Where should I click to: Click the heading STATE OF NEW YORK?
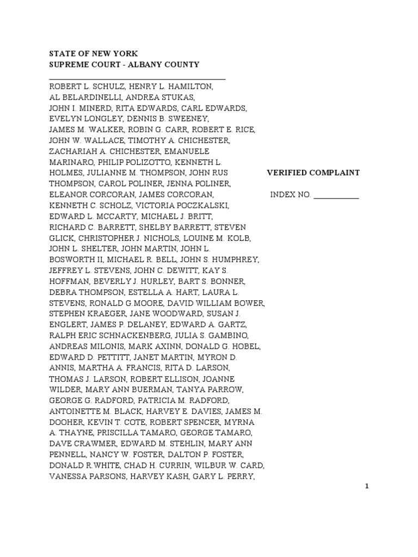pos(94,54)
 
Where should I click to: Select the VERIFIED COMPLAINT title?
pos(313,172)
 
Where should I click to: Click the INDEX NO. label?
pos(290,195)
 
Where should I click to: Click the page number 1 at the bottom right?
pos(367,486)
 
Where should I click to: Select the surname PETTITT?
pos(114,357)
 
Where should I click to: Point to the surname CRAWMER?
pos(93,443)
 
